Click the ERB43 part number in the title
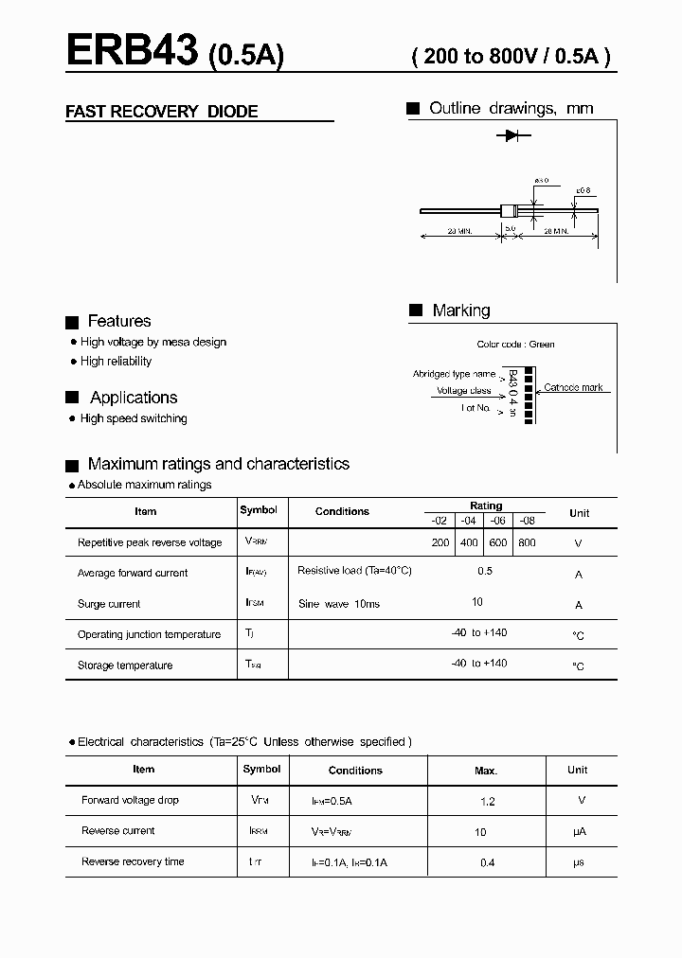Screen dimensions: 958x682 click(x=132, y=51)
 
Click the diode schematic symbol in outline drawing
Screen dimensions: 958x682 click(x=512, y=136)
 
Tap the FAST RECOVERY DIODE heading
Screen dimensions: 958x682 click(x=161, y=112)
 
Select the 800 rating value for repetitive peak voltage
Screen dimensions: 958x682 click(x=527, y=542)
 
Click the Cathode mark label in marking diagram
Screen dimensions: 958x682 click(x=573, y=387)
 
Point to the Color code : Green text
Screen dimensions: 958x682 click(x=515, y=345)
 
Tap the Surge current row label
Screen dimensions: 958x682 click(x=109, y=604)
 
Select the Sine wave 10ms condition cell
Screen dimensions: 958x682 click(x=338, y=604)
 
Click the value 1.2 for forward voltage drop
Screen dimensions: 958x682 click(x=487, y=801)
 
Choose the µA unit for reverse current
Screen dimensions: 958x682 click(x=579, y=831)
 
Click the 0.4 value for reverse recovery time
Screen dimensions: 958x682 click(x=487, y=862)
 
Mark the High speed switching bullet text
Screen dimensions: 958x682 click(x=134, y=418)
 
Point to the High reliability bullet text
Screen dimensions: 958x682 click(x=116, y=361)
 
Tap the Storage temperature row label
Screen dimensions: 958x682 click(x=125, y=665)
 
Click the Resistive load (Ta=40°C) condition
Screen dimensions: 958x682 click(x=354, y=571)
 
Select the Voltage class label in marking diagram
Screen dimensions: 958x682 click(x=463, y=391)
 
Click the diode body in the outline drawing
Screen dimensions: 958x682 click(x=509, y=211)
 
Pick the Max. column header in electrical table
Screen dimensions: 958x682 click(x=486, y=771)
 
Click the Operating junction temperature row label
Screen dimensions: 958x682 click(x=149, y=634)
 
